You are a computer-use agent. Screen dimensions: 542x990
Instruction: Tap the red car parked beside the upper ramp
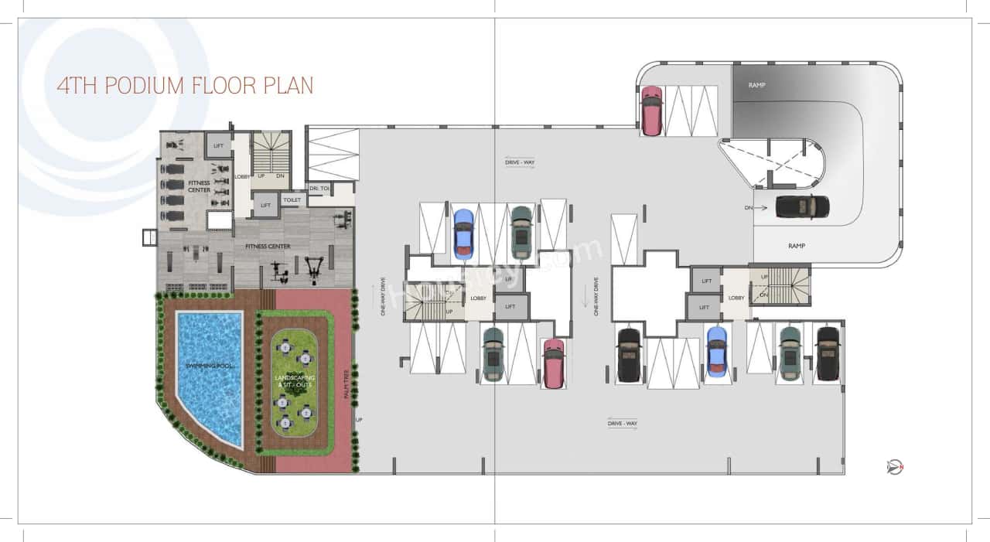click(651, 110)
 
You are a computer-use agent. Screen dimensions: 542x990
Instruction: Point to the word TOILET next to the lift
click(292, 199)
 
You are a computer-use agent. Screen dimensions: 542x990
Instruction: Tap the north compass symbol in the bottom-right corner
click(895, 467)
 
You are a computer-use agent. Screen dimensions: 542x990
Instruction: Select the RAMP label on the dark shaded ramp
click(756, 85)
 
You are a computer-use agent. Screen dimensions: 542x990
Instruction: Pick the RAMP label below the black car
click(797, 246)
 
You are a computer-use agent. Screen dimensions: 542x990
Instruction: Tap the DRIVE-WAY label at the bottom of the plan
click(622, 423)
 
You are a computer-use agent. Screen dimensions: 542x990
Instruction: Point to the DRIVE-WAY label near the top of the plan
click(520, 162)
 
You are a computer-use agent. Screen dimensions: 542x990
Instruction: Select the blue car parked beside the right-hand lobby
click(717, 353)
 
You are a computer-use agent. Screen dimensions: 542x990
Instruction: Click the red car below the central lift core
click(552, 363)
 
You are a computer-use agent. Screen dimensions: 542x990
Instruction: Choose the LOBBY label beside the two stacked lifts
click(736, 298)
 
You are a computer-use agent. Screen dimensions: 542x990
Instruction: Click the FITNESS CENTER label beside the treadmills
click(199, 186)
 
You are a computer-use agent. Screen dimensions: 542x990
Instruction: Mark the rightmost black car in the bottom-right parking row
click(827, 353)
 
